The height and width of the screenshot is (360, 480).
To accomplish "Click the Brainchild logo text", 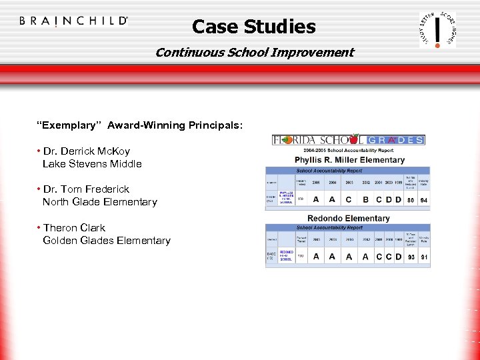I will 73,21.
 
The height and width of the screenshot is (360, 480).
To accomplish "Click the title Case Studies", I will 253,27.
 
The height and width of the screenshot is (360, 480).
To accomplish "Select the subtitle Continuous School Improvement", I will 254,52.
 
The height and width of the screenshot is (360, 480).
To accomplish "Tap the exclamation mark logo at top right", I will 437,29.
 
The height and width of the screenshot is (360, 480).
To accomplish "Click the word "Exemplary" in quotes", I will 70,125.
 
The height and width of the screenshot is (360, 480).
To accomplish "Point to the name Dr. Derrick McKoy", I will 87,151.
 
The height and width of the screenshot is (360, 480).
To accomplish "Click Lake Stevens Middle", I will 92,163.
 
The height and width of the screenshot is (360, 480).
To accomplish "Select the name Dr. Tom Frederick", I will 86,189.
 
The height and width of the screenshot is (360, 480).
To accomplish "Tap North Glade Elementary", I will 99,201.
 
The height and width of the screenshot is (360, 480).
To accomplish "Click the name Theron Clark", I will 74,228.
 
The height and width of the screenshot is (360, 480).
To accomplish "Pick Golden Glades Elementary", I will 106,240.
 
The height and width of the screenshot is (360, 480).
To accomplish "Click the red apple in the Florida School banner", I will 287,139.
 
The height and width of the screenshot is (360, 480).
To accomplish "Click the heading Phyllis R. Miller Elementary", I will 349,160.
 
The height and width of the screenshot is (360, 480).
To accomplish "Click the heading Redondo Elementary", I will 348,218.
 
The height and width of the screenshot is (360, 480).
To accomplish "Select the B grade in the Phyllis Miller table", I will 365,199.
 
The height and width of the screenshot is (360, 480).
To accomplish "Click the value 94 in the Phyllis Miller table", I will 423,199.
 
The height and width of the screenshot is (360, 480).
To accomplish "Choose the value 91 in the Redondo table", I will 423,257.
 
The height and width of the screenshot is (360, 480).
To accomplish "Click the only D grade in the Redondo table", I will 398,257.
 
